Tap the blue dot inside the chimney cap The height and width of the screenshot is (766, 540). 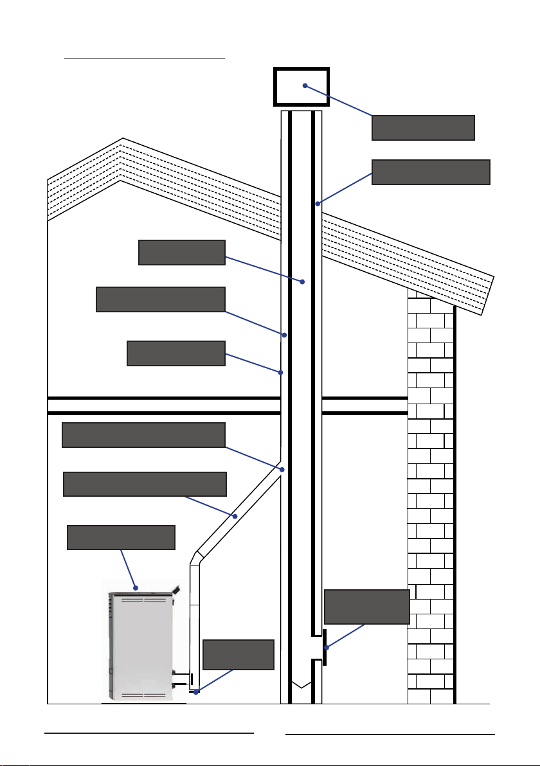pos(305,85)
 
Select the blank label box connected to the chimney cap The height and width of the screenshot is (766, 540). pos(423,127)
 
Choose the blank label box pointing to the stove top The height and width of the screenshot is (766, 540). pos(121,537)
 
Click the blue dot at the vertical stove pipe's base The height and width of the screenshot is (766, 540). pos(196,692)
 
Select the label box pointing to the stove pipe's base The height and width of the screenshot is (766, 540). pos(239,654)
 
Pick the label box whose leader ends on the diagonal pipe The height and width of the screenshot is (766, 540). pos(145,484)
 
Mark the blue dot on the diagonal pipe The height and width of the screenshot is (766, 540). pos(235,516)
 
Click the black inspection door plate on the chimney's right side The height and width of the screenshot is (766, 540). pos(325,648)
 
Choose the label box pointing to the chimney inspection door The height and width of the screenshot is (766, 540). pos(367,606)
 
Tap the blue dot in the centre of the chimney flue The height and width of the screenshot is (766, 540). pos(303,282)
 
